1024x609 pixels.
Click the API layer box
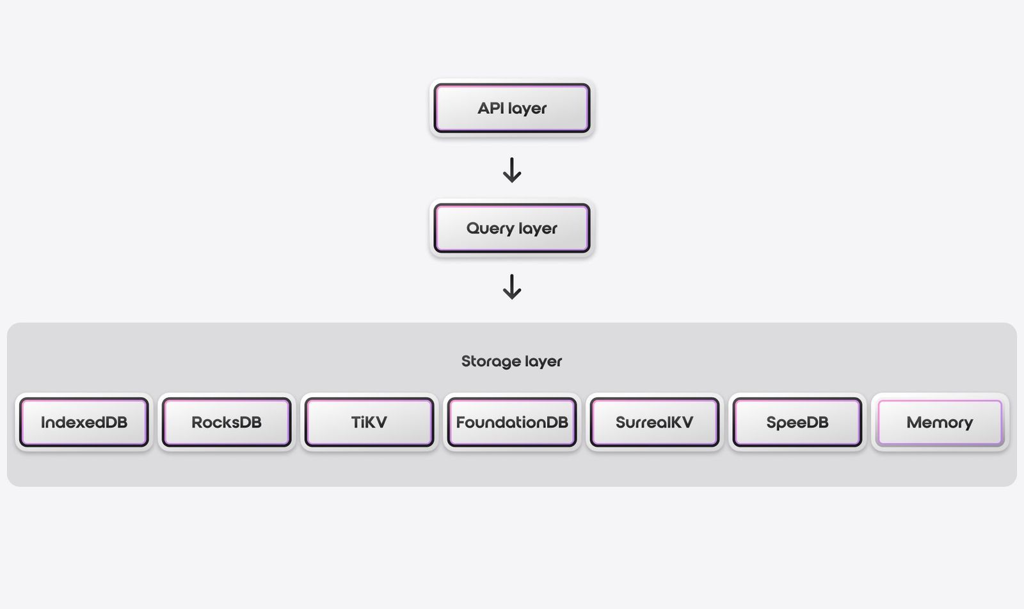512,108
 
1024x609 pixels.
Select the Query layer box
512,228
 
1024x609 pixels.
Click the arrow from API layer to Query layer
512,170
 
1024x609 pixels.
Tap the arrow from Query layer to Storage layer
512,287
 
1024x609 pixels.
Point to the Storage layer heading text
511,361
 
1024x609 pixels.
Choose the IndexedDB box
84,422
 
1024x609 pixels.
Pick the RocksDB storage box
227,422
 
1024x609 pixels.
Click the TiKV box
369,422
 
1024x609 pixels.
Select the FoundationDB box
512,422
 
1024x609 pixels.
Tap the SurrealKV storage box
654,422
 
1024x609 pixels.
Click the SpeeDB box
797,422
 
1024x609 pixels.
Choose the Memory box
940,422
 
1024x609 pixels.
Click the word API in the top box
491,108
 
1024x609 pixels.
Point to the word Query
490,229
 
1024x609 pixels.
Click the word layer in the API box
527,109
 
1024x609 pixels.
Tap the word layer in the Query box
538,230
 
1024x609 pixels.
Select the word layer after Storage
543,363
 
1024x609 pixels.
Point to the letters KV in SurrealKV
681,422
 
